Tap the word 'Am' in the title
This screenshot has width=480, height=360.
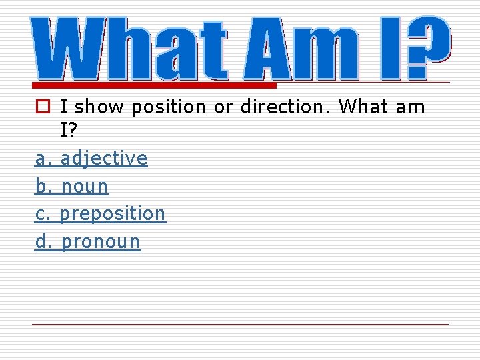[303, 48]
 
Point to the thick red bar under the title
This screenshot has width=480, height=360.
[153, 86]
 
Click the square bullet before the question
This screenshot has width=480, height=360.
[42, 107]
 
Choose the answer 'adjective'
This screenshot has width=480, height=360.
[104, 159]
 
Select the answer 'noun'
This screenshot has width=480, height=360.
[85, 187]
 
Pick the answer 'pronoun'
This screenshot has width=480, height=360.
[101, 242]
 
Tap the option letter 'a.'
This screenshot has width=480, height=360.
[43, 159]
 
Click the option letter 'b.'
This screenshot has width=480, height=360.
[43, 186]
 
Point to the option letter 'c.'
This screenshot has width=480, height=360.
[43, 214]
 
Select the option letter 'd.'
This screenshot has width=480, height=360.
[43, 241]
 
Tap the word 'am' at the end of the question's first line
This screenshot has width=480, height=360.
[409, 107]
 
